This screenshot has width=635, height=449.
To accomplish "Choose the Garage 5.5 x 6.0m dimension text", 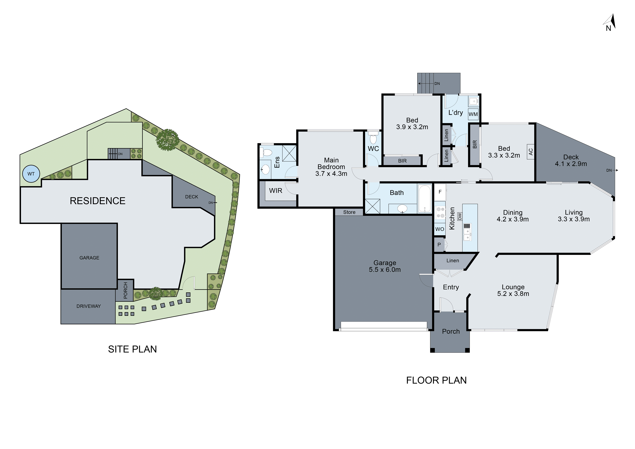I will point(384,266).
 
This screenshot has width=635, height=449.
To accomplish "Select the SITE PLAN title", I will point(132,349).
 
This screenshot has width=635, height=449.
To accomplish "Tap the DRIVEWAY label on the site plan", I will point(88,306).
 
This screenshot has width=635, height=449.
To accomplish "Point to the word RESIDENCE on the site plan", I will point(97,201).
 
